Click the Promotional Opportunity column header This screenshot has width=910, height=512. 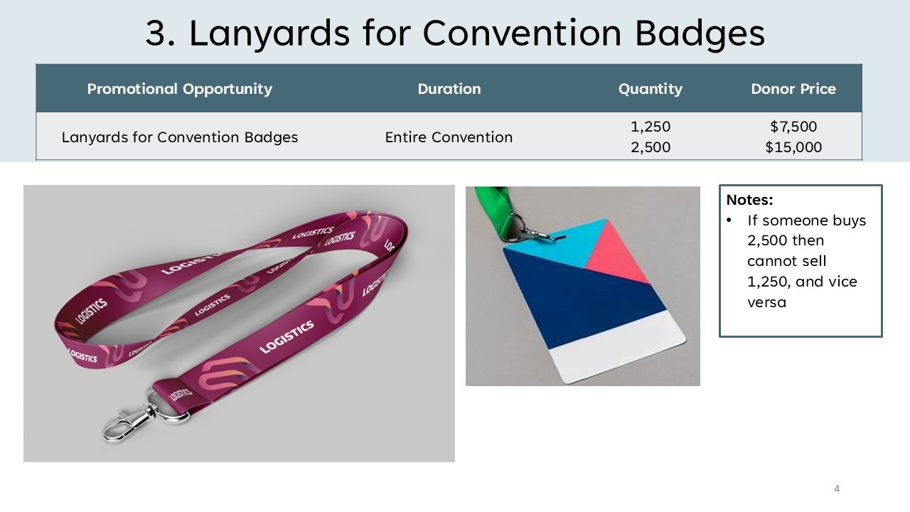click(x=180, y=89)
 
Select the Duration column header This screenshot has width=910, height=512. click(x=449, y=89)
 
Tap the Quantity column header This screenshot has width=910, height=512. click(x=651, y=89)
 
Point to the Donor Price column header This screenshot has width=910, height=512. click(x=793, y=89)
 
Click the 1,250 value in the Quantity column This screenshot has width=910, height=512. click(x=651, y=127)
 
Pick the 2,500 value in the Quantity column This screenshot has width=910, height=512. click(x=651, y=147)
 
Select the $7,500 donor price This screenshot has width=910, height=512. click(x=793, y=127)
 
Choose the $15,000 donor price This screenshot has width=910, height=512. click(x=793, y=147)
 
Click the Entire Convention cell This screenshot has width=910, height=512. click(x=449, y=137)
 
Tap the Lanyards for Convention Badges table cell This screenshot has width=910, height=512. click(x=180, y=137)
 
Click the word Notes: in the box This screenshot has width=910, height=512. click(x=749, y=200)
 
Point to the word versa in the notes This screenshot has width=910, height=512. click(x=766, y=302)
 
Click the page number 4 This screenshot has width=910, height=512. click(x=837, y=489)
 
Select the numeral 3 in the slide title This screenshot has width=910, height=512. click(x=156, y=33)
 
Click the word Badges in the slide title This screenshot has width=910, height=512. click(x=700, y=33)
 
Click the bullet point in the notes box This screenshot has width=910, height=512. click(x=729, y=220)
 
